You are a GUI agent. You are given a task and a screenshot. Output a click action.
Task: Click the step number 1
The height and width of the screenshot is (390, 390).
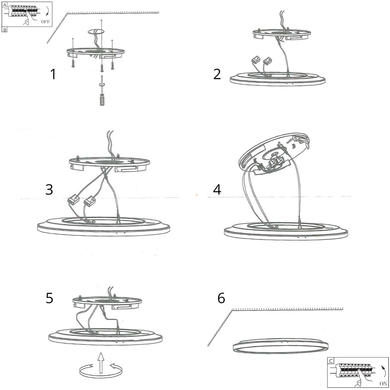coord(53,75)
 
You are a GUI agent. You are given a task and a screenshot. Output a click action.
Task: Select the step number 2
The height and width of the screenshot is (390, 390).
coord(217,75)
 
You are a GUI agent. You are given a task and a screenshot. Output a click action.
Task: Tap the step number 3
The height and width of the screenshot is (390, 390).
coord(49,190)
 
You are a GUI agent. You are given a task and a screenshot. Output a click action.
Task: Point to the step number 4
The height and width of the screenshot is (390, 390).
coord(217,190)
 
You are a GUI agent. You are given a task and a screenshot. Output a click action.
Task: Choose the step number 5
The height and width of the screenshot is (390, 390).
coord(49,298)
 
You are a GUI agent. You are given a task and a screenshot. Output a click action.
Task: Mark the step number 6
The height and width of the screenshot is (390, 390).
coord(221,298)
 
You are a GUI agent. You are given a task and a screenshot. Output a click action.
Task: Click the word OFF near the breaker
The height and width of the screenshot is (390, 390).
coord(46,22)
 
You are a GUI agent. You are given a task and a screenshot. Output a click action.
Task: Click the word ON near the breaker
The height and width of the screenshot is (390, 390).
coord(383,383)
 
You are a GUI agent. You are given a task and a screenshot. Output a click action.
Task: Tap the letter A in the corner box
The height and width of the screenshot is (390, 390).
coord(5,5)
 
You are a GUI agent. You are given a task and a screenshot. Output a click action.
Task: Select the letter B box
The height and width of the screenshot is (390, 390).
coord(5,30)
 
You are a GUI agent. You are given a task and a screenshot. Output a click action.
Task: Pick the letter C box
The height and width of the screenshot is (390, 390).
coord(331,361)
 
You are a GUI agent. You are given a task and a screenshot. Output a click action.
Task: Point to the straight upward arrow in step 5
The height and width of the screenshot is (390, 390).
coord(101,363)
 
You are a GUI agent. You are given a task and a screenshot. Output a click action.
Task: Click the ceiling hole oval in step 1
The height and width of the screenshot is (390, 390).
coord(96,32)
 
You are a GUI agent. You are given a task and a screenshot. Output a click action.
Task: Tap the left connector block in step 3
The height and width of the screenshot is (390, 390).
coord(73,198)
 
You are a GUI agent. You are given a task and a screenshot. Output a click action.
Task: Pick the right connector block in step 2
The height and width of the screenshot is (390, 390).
coord(267,60)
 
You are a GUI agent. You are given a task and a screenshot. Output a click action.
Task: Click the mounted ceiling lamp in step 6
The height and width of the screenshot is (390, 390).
coord(281,346)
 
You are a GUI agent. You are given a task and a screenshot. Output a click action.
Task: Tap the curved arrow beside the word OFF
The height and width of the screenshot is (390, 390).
coord(47,12)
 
